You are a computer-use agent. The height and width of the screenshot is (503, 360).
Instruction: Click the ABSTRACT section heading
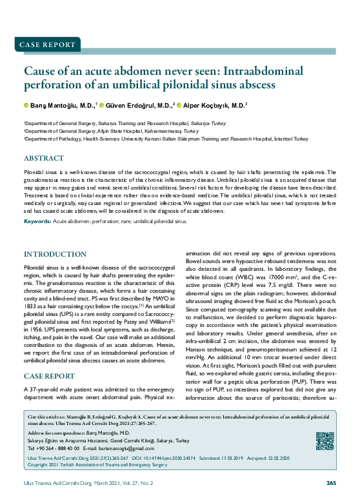(x=43, y=158)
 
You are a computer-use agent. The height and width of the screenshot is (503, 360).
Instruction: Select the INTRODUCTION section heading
(x=55, y=255)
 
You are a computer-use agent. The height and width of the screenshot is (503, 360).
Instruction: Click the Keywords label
(x=37, y=221)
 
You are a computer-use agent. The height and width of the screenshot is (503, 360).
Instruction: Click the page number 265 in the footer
(x=331, y=483)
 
